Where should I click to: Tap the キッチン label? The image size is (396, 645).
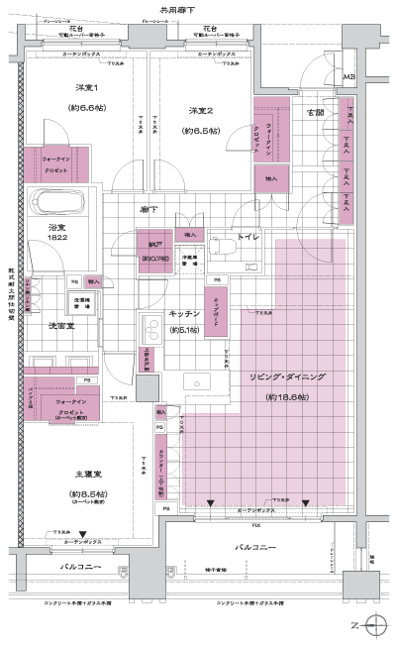click(x=185, y=312)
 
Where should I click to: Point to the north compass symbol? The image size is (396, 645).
click(x=373, y=624)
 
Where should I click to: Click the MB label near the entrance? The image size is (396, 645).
click(x=347, y=76)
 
